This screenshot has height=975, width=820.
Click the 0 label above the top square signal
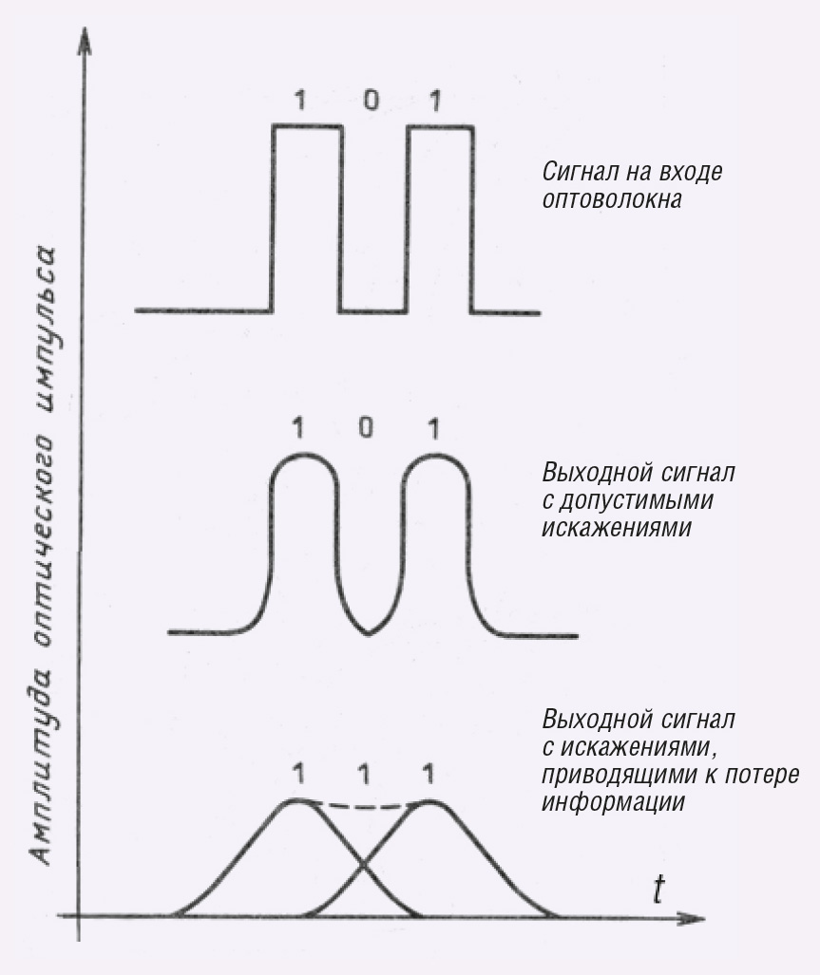click(371, 100)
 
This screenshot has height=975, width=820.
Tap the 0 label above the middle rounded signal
click(367, 427)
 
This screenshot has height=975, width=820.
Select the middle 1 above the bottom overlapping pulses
click(364, 775)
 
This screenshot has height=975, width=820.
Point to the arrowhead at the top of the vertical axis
click(84, 43)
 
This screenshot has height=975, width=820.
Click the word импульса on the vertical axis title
click(43, 326)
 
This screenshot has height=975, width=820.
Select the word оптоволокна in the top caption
click(612, 200)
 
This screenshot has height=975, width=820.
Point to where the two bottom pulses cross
click(363, 864)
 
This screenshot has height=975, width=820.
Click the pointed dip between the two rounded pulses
click(369, 633)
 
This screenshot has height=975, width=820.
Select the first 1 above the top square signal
click(301, 100)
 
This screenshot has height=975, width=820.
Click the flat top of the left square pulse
click(307, 127)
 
